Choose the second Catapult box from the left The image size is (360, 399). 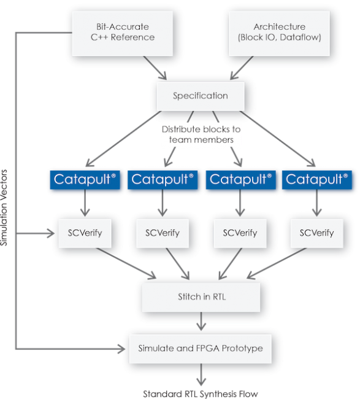(163, 179)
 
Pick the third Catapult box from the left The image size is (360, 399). (240, 179)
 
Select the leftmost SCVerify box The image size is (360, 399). (84, 233)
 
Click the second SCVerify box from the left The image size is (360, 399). (163, 233)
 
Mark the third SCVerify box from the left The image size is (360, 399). (240, 233)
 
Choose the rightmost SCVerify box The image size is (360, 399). (316, 233)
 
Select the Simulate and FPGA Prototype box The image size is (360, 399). (201, 348)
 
